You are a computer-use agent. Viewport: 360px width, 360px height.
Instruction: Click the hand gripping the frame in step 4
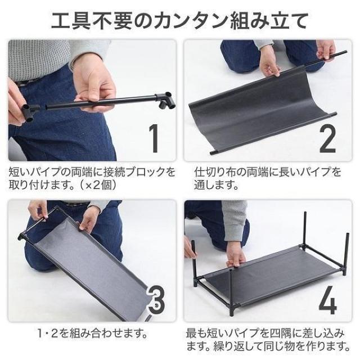pyautogui.click(x=235, y=256)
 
